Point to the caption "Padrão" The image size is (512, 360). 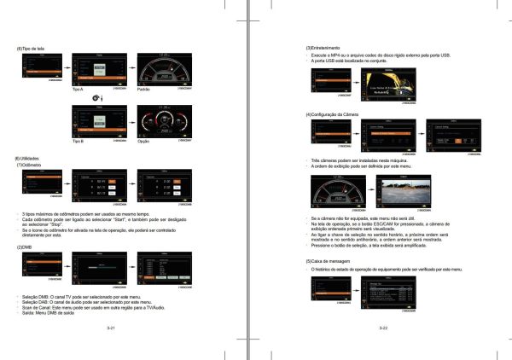(x=144, y=90)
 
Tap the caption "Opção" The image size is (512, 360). (x=143, y=142)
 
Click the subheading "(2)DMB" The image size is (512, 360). (x=27, y=247)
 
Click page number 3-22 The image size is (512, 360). (x=385, y=328)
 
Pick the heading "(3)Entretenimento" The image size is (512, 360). (x=323, y=47)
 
